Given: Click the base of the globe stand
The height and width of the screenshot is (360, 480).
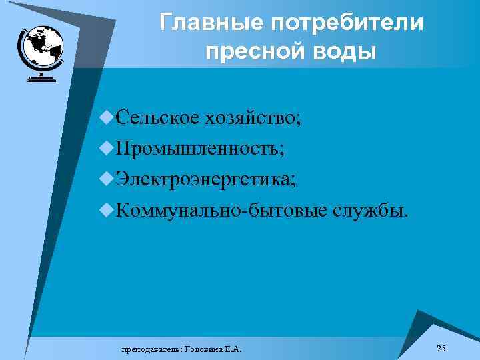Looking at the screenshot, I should click(x=41, y=80).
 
